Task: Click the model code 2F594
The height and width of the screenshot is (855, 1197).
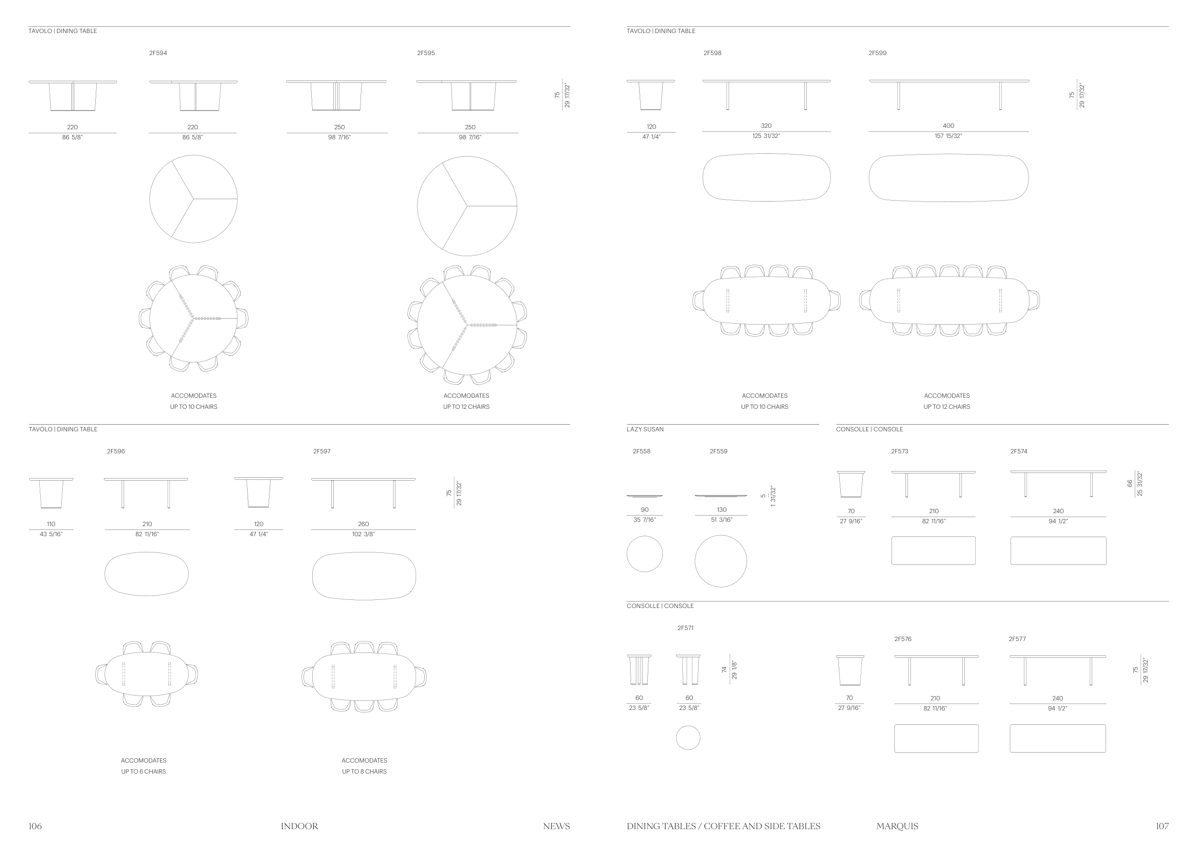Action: pyautogui.click(x=158, y=53)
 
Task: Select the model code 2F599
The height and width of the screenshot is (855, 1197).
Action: pyautogui.click(x=877, y=53)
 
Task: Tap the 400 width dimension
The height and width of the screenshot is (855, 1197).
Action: pyautogui.click(x=948, y=126)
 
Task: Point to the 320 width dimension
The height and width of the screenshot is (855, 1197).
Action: pyautogui.click(x=766, y=126)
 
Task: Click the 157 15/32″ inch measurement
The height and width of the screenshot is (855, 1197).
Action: pyautogui.click(x=948, y=136)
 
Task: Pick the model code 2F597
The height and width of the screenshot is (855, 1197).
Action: pyautogui.click(x=322, y=451)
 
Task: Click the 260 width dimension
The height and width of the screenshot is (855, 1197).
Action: pyautogui.click(x=363, y=524)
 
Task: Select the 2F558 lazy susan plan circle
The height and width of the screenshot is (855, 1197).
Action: pyautogui.click(x=644, y=554)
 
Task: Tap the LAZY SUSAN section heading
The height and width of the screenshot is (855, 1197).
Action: pyautogui.click(x=645, y=429)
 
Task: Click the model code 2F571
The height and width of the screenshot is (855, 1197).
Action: pyautogui.click(x=685, y=628)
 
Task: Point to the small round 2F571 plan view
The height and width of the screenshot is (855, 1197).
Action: pyautogui.click(x=688, y=738)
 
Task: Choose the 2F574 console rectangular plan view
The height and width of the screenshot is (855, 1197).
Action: pyautogui.click(x=1058, y=551)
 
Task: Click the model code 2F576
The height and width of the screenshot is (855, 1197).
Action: pyautogui.click(x=903, y=639)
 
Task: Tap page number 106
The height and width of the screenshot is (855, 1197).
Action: pyautogui.click(x=35, y=826)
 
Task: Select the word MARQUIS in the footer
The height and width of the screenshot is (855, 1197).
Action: pyautogui.click(x=897, y=826)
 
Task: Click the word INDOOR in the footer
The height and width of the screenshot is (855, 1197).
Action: pyautogui.click(x=299, y=826)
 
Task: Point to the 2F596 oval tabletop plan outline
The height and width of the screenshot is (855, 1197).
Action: pyautogui.click(x=147, y=574)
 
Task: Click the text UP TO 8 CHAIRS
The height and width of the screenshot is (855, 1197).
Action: pyautogui.click(x=364, y=771)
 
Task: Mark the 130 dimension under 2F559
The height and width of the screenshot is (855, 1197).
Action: pyautogui.click(x=722, y=510)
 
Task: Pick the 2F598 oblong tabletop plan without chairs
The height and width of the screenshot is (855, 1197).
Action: pyautogui.click(x=766, y=178)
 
